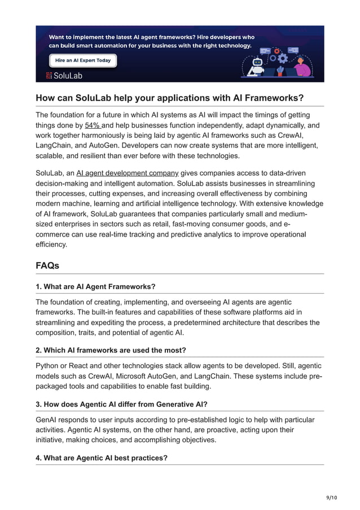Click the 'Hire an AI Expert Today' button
[x=83, y=60]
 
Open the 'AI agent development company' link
[x=128, y=173]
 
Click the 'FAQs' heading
[x=47, y=265]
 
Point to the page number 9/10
[x=331, y=497]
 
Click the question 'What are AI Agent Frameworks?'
[x=95, y=287]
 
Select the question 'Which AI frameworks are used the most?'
[x=111, y=350]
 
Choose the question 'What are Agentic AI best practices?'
[x=102, y=457]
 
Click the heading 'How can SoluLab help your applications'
[x=169, y=98]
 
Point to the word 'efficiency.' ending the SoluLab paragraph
[x=51, y=245]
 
